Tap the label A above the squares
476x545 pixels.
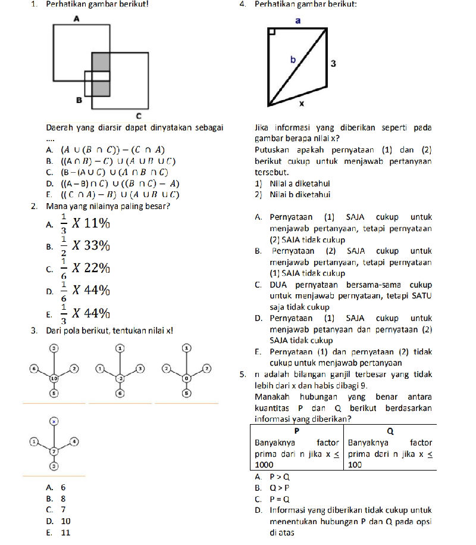click(x=76, y=20)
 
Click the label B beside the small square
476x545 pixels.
click(x=78, y=101)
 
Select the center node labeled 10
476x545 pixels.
click(x=54, y=378)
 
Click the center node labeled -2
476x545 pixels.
click(x=120, y=378)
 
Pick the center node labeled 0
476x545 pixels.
click(x=186, y=378)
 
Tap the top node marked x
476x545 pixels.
click(x=54, y=421)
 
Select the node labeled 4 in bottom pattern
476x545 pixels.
click(x=74, y=441)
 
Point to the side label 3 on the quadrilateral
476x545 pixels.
click(x=334, y=63)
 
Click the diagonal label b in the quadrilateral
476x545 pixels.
click(x=293, y=59)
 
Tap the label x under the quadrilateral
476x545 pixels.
click(x=301, y=104)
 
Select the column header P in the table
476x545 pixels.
click(x=296, y=430)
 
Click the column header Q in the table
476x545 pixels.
click(x=390, y=430)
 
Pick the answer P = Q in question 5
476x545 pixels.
click(x=279, y=499)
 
